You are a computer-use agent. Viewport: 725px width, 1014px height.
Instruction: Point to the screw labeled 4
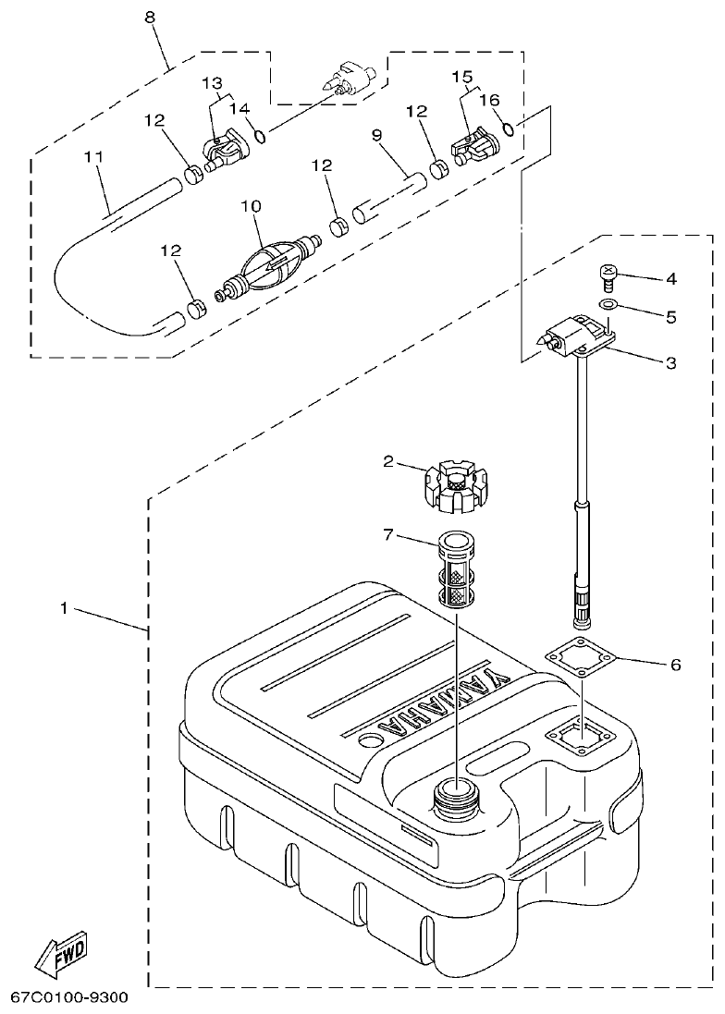click(x=605, y=275)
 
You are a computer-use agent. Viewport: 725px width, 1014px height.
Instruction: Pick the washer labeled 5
click(x=606, y=305)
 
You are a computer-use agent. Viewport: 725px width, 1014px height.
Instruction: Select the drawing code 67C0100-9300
click(x=69, y=998)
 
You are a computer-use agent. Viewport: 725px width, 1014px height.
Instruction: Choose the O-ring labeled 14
click(x=262, y=137)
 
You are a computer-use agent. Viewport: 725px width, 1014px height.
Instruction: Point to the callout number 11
click(x=92, y=158)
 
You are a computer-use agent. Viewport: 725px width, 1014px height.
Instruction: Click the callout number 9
click(x=377, y=134)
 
